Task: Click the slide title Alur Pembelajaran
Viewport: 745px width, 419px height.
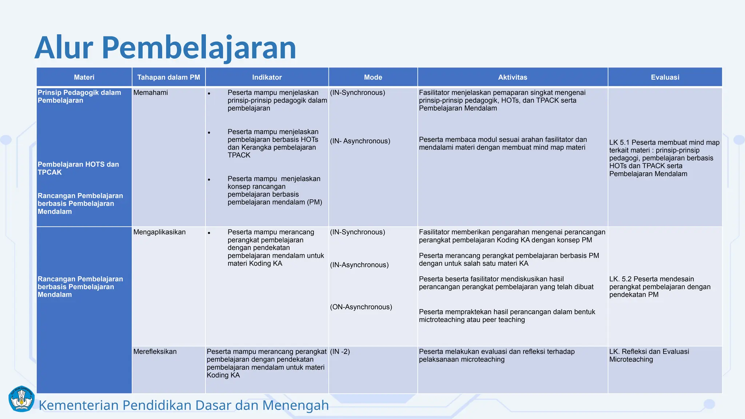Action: point(166,48)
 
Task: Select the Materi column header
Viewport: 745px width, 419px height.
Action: point(84,77)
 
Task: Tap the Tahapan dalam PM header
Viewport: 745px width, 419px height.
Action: point(168,77)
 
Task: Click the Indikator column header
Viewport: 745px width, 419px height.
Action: point(267,77)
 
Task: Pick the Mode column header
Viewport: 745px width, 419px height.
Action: point(373,77)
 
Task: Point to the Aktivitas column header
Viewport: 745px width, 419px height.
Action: point(512,77)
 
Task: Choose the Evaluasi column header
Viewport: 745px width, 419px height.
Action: point(665,77)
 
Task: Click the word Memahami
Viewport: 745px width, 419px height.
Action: point(151,93)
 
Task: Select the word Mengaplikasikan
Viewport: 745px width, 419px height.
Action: point(159,232)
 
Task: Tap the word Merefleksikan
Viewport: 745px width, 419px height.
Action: point(155,352)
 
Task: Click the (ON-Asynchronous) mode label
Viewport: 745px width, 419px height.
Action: point(361,307)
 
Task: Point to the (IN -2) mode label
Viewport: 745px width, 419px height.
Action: point(340,352)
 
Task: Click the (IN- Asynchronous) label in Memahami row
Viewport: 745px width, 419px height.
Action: point(360,141)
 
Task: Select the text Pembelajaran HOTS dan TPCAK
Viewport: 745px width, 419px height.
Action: point(78,168)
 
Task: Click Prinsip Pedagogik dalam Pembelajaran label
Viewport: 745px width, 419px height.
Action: point(79,96)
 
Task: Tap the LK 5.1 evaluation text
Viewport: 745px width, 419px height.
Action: point(664,158)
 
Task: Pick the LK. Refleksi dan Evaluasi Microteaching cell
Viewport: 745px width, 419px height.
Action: point(649,355)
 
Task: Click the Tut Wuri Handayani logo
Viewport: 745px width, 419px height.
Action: point(21,399)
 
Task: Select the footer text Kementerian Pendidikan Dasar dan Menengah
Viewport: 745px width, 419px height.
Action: point(183,405)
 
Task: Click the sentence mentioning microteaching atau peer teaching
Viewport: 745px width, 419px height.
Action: point(506,316)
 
